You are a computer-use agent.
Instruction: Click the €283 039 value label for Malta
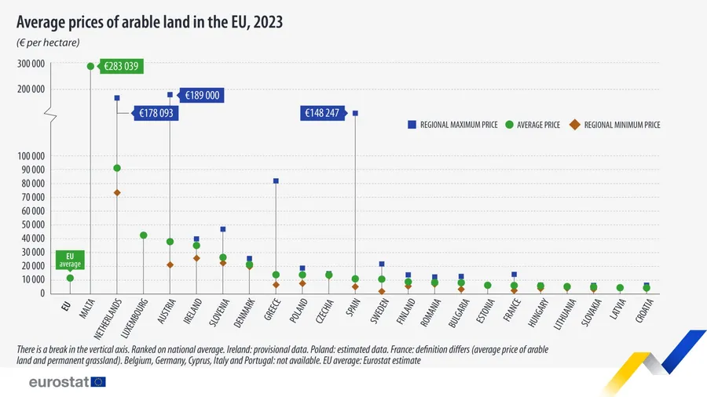click(x=121, y=67)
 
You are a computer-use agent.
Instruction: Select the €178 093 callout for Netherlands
click(x=156, y=114)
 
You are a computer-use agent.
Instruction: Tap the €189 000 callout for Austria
click(x=201, y=96)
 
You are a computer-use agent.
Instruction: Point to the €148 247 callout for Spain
click(x=323, y=114)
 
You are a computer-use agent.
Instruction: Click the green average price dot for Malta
click(x=90, y=67)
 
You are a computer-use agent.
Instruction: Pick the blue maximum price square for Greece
click(x=276, y=181)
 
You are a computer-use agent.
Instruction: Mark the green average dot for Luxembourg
click(x=144, y=235)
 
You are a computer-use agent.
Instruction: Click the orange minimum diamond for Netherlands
click(x=117, y=193)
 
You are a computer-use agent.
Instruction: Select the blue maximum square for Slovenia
click(x=223, y=229)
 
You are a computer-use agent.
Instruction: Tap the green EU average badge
click(x=70, y=260)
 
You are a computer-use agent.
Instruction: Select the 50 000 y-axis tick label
click(x=31, y=224)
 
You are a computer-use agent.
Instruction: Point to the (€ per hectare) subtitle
click(x=49, y=42)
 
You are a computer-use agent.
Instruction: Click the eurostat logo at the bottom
click(x=67, y=382)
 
